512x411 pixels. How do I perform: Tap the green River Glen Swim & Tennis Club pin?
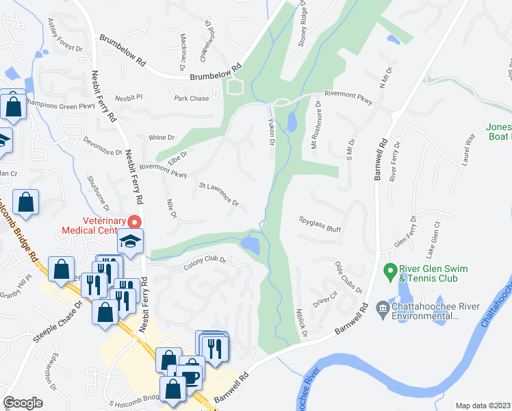pos(390,270)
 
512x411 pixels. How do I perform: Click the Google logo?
pos(23,402)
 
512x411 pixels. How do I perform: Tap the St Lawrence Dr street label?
pos(218,195)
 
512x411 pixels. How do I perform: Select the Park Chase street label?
pos(192,99)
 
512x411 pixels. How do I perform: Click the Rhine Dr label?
pos(162,137)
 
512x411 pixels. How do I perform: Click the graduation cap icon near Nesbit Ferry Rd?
pos(129,240)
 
